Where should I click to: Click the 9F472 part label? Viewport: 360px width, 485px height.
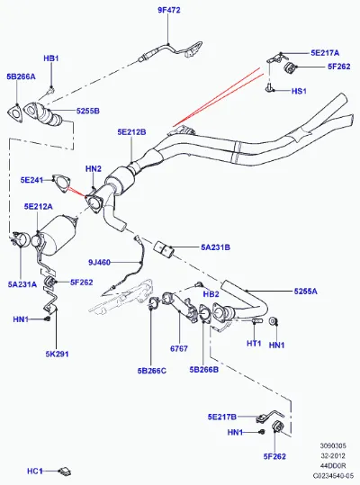click(169, 10)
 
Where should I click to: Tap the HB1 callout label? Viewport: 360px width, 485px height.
click(51, 58)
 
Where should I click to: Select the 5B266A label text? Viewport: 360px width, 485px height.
click(21, 76)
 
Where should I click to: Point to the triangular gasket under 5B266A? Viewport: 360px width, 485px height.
click(14, 112)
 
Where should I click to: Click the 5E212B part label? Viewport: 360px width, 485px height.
click(131, 132)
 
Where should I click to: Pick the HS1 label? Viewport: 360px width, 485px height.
click(299, 91)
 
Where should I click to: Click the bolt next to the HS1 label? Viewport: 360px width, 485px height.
click(269, 88)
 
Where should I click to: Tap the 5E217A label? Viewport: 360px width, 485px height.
click(325, 53)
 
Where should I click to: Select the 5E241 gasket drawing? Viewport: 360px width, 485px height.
click(61, 184)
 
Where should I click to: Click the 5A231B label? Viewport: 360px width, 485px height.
click(216, 247)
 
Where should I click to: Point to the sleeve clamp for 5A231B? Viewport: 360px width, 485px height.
click(164, 249)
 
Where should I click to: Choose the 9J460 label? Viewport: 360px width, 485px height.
click(99, 263)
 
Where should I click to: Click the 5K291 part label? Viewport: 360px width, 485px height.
click(58, 355)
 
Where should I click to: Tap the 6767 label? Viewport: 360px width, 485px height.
click(179, 348)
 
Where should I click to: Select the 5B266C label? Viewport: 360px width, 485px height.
click(152, 371)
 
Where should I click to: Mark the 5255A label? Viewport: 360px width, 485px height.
click(306, 291)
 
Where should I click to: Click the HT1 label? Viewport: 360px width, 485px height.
click(254, 343)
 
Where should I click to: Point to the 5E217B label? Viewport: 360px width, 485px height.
click(222, 417)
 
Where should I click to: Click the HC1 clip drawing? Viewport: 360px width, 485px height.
click(65, 471)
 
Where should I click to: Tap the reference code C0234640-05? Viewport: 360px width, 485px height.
click(333, 476)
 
